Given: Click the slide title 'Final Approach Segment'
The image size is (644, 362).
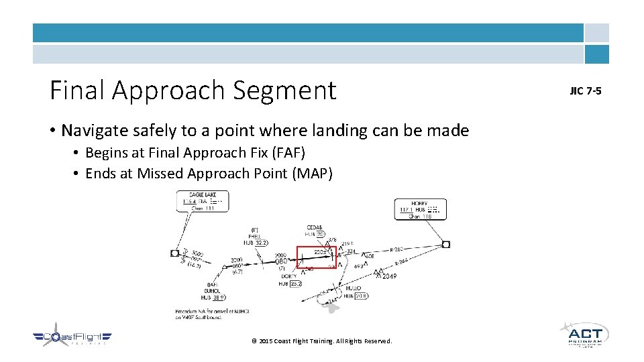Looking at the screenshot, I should [x=193, y=90].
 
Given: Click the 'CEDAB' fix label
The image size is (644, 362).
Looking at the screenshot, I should [x=315, y=227].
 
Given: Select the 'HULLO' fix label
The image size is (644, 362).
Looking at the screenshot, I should [x=353, y=288].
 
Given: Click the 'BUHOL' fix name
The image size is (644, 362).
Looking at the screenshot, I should [x=213, y=290].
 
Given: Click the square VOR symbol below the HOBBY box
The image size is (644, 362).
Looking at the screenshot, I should [x=446, y=244].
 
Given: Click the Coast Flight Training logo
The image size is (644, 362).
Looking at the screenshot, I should [x=72, y=339].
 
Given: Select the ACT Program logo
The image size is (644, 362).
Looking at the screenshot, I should [x=584, y=335].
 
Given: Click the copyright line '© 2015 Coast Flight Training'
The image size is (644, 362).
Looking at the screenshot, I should [x=321, y=341].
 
